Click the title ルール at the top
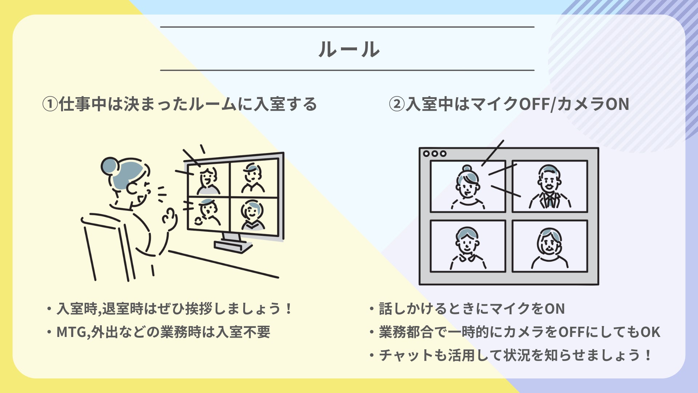tap(349, 49)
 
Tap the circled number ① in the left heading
tap(50, 104)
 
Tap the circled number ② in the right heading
tap(397, 104)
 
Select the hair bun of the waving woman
tap(109, 166)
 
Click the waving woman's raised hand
tap(170, 218)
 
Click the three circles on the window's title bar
tap(434, 154)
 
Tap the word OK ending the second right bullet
tap(650, 332)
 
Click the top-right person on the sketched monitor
tap(253, 178)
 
